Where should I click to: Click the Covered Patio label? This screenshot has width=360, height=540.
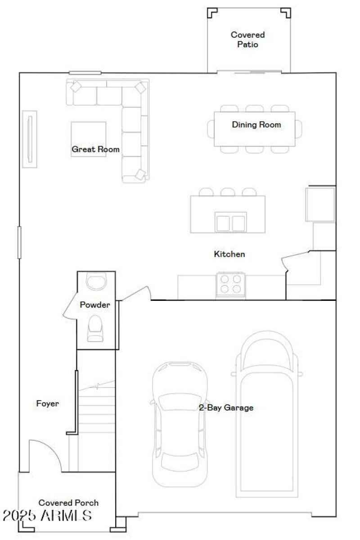point(247,40)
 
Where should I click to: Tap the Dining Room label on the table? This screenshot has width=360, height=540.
point(256,125)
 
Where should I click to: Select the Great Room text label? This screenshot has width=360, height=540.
point(95,149)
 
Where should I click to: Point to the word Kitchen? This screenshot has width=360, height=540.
point(229,254)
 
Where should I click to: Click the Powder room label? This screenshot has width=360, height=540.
point(95,305)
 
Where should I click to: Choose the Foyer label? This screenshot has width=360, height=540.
point(47,403)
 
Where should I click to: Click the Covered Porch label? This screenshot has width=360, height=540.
point(68,503)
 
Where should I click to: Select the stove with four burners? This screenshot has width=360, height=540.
point(230,285)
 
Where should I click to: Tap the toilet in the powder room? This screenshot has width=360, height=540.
point(95,328)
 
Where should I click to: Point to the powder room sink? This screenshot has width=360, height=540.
point(95,282)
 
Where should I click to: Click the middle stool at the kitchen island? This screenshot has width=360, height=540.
point(228,192)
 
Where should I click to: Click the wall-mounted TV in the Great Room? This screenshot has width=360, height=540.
point(30,139)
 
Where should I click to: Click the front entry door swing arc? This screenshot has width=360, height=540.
point(45,454)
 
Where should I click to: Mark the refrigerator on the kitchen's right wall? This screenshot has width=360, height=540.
point(320,205)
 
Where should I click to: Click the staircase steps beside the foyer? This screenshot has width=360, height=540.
point(95,407)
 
